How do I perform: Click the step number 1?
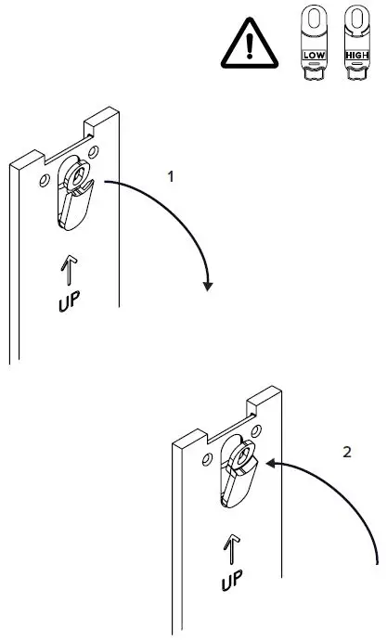(170, 173)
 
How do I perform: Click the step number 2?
(347, 453)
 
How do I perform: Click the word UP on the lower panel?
(234, 582)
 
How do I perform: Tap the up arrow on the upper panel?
(68, 271)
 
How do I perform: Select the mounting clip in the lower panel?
(237, 474)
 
